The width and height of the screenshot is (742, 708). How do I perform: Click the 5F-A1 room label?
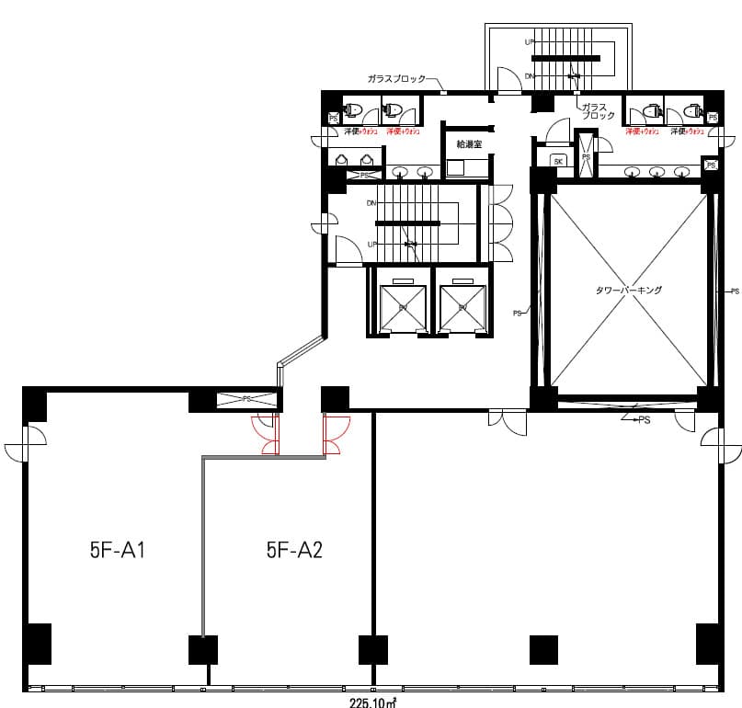pos(119,551)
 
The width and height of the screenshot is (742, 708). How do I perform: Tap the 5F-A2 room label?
pos(293,551)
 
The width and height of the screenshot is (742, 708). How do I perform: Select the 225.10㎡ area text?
pos(372,702)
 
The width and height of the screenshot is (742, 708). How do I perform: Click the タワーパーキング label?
pos(629,290)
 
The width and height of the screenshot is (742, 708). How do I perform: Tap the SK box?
pos(558,161)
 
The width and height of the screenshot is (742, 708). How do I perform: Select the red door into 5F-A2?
pos(336,434)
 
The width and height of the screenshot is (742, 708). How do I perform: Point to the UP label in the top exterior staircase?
pos(530,42)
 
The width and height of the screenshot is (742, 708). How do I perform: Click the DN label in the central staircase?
pos(371,202)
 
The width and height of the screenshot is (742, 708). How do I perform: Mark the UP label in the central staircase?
pos(371,245)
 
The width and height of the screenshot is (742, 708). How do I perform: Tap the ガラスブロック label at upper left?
pos(396,79)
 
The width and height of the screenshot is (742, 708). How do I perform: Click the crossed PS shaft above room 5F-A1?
pos(245,400)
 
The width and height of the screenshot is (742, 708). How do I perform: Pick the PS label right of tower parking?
pos(734,291)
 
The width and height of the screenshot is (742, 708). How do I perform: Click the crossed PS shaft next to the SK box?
pos(586,155)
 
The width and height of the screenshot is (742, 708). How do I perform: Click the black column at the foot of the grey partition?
pos(202,649)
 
